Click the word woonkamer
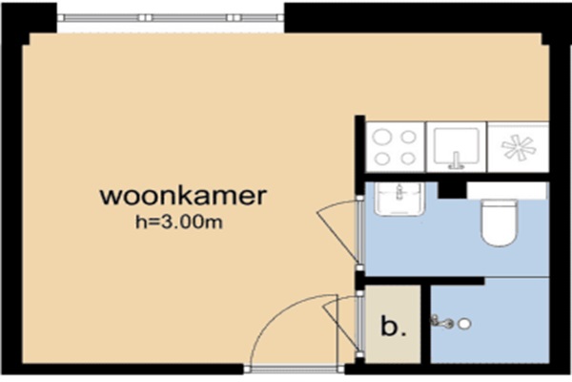[183, 197]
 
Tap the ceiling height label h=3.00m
[179, 222]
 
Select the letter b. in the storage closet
[393, 326]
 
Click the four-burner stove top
[395, 147]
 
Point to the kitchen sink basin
[456, 145]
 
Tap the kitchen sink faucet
[456, 161]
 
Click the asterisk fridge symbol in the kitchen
[519, 147]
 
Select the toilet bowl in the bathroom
[499, 223]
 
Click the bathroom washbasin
[399, 199]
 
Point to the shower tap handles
[441, 322]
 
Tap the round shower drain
[464, 324]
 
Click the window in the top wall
[171, 17]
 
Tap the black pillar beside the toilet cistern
[452, 190]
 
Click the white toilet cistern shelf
[507, 190]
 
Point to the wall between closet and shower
[426, 325]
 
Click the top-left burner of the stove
[382, 137]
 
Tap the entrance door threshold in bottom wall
[294, 370]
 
